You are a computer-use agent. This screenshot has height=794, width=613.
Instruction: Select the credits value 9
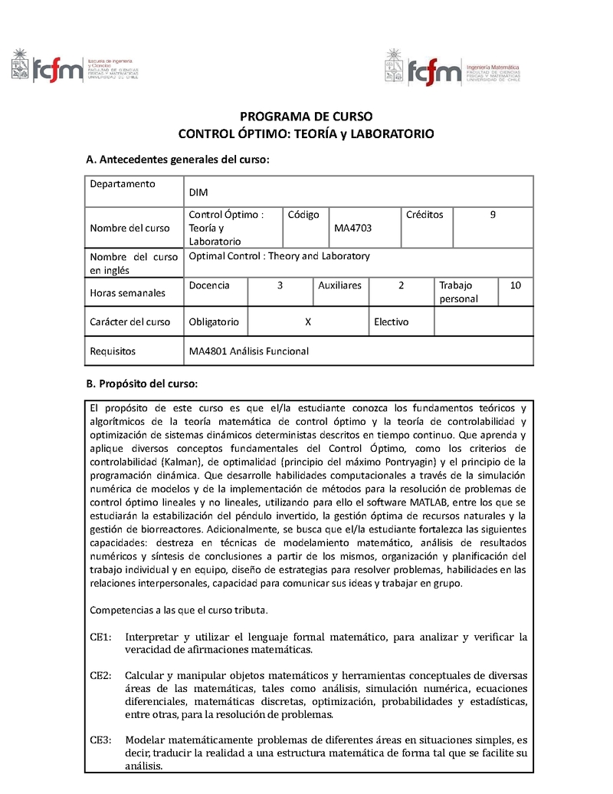pos(493,215)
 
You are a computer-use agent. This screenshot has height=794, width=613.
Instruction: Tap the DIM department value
pos(198,193)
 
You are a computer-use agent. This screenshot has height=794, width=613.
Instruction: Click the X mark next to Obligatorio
pos(307,322)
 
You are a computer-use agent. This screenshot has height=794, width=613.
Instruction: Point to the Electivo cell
pos(391,322)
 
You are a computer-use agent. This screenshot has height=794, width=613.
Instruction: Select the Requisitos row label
pos(113,351)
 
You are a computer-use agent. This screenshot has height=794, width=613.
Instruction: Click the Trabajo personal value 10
pos(516,285)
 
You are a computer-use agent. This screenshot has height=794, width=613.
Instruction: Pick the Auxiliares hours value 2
pos(402,285)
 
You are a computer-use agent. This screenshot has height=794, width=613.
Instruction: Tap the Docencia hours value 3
pos(280,285)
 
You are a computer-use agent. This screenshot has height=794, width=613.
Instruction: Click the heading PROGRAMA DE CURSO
pos(306,117)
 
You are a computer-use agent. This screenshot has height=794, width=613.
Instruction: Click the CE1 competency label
pos(100,638)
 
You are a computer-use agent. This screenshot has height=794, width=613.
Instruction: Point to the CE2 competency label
pos(100,675)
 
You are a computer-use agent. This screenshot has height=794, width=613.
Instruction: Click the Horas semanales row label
pos(127,293)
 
